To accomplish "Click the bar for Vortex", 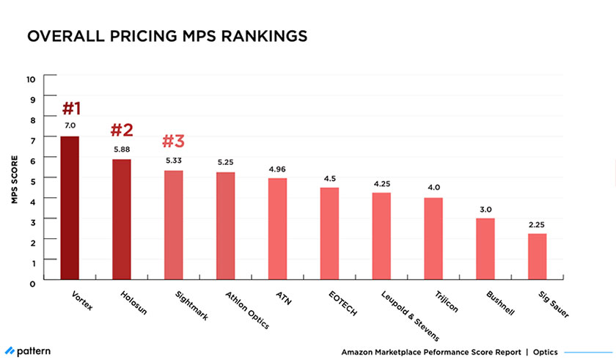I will point(70,207).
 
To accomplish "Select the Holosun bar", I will point(122,219).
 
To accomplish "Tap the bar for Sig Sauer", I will point(538,256).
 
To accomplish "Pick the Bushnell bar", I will point(485,249).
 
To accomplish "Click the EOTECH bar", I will point(329,233).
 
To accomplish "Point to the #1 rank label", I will point(70,109).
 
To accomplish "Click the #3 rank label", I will point(174,141).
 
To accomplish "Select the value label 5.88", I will point(122,150).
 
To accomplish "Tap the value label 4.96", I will point(277,169).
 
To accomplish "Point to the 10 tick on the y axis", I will point(30,78).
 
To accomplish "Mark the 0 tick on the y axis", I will point(31,282).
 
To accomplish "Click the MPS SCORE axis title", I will point(14,179).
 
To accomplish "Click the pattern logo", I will point(28,351).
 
